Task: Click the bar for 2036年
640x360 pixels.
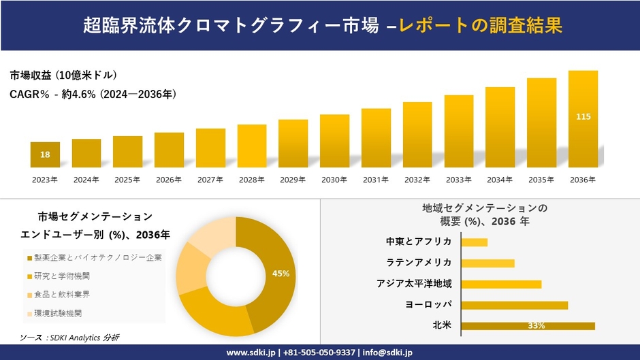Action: point(583,119)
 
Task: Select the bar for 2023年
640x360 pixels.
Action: point(45,154)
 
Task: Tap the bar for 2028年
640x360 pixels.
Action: point(251,146)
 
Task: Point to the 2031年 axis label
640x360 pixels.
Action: point(375,180)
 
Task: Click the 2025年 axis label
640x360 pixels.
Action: point(127,180)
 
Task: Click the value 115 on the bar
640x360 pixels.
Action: point(583,117)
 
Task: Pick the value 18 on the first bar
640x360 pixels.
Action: point(45,155)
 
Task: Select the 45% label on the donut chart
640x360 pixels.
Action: point(281,273)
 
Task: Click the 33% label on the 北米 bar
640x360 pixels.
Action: point(536,326)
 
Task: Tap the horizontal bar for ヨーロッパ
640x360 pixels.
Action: point(514,305)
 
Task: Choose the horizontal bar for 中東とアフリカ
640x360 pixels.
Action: point(474,242)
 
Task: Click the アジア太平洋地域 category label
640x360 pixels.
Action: point(414,284)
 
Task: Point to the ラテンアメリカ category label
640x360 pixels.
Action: point(418,263)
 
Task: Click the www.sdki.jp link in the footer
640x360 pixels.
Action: point(250,353)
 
